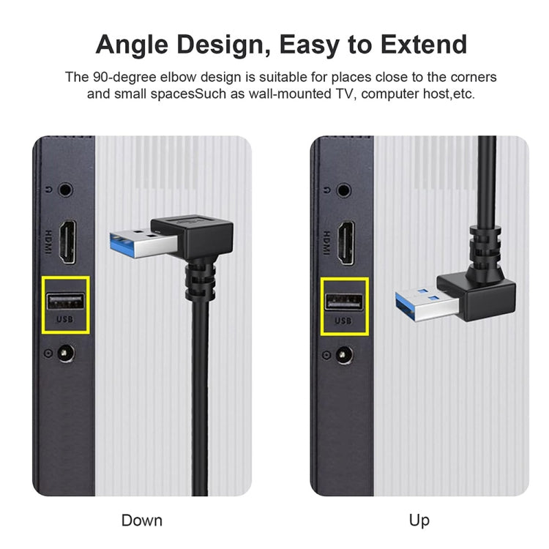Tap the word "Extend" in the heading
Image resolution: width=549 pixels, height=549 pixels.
pos(420,45)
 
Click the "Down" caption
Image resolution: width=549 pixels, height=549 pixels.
pos(142,520)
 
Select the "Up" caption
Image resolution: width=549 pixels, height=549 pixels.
pos(419,520)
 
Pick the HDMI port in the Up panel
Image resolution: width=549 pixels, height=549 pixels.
pos(345,242)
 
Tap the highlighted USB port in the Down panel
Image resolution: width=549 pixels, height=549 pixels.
pos(66,301)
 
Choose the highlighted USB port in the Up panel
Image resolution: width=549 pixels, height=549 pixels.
pos(344,301)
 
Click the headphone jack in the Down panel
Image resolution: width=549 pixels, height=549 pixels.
pos(67,190)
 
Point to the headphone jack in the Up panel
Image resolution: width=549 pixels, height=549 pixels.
pos(345,190)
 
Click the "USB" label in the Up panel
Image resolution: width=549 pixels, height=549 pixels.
pos(343,321)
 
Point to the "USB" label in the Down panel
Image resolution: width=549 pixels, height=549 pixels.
pos(65,321)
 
